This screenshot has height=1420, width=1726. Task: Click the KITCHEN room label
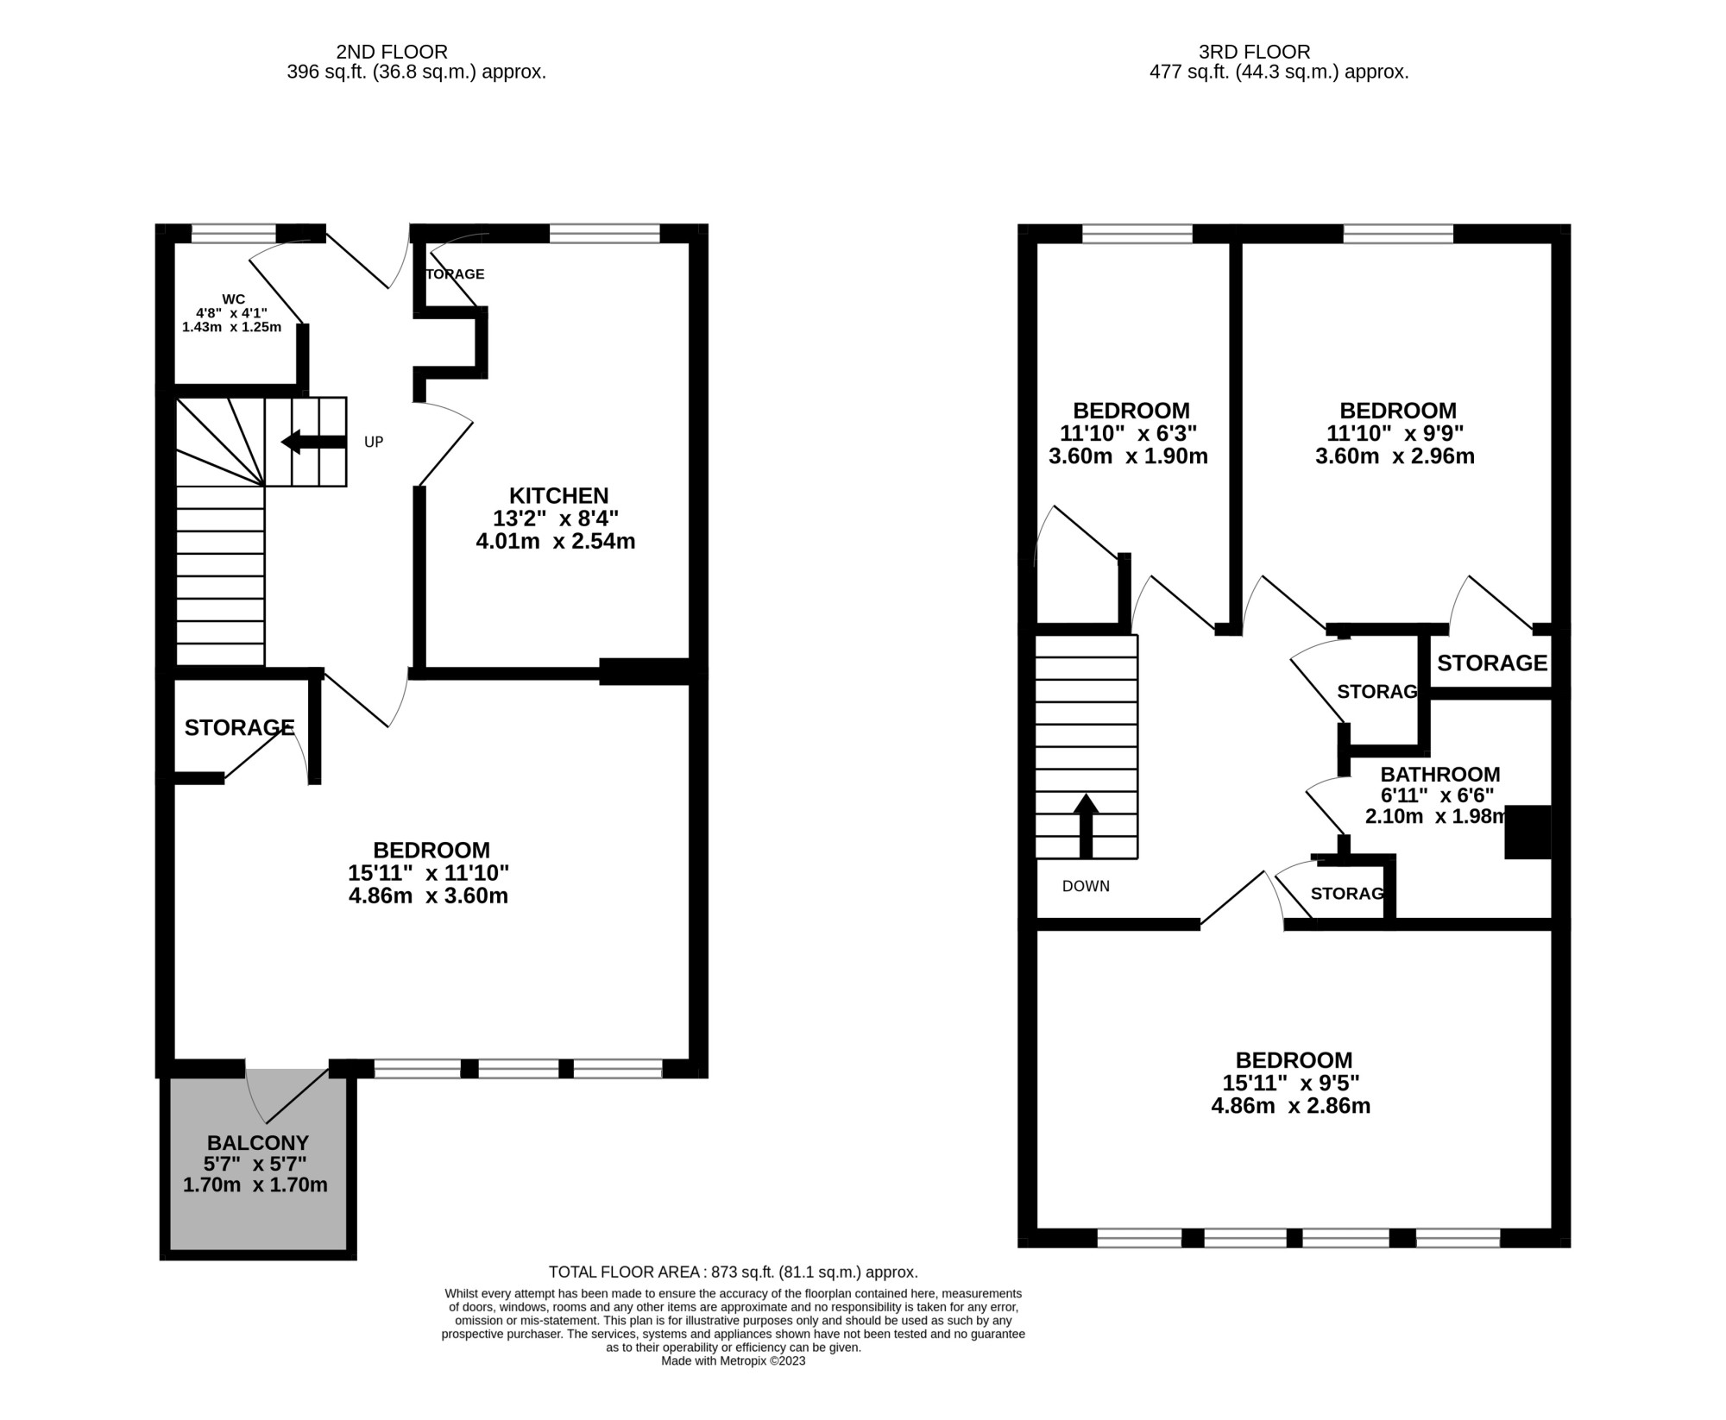(x=558, y=496)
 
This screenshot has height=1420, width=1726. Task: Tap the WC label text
(x=233, y=299)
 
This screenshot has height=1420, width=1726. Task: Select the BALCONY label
(x=257, y=1143)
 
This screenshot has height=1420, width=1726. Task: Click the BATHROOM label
(x=1440, y=775)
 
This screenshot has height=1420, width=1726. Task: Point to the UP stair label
(x=374, y=443)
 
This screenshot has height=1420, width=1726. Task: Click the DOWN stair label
(x=1086, y=886)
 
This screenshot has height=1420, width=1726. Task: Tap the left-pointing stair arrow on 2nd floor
(x=314, y=442)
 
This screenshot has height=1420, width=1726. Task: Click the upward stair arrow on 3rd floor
(x=1086, y=826)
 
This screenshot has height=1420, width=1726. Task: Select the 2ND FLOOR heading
(x=392, y=53)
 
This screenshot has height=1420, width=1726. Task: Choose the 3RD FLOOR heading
(x=1255, y=53)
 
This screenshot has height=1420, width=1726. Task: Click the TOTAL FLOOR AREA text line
(x=733, y=1272)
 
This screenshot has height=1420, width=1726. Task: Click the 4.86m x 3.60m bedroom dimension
(x=428, y=896)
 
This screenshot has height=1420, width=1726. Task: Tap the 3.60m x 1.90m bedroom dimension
(x=1128, y=456)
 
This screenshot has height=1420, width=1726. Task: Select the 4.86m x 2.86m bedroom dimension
(x=1291, y=1106)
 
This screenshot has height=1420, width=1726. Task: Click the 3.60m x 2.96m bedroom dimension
(x=1395, y=456)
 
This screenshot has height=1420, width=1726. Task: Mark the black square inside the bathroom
(x=1528, y=832)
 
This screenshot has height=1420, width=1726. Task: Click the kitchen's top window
(x=604, y=233)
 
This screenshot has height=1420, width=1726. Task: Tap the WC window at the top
(x=233, y=233)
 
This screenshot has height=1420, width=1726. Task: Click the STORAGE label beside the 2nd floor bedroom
(x=240, y=728)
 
